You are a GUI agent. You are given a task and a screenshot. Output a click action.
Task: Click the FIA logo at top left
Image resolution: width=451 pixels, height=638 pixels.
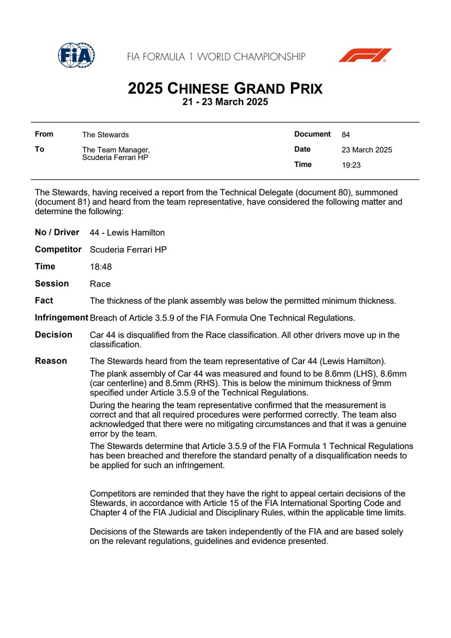click(76, 55)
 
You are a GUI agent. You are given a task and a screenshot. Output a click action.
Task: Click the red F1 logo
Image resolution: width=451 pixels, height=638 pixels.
click(365, 55)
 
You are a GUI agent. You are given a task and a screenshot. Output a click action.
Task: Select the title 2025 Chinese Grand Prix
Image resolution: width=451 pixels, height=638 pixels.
click(225, 88)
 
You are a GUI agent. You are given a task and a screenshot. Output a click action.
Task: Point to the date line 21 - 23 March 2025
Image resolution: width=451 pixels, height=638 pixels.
click(225, 102)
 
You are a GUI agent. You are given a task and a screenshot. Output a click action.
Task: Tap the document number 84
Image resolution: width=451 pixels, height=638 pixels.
click(346, 135)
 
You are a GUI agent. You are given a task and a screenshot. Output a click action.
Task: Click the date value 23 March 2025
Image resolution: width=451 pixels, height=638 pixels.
click(366, 150)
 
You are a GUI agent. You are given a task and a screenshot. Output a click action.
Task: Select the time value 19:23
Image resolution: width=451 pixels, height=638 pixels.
click(351, 165)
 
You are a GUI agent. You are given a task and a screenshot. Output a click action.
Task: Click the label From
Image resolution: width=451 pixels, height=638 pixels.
click(44, 135)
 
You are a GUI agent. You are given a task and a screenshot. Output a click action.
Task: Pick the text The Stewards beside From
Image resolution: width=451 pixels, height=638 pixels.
click(105, 135)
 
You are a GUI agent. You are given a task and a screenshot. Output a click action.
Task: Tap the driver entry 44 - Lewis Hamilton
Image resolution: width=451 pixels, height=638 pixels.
click(127, 232)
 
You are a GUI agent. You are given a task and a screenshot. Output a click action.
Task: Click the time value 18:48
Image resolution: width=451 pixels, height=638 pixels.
click(101, 267)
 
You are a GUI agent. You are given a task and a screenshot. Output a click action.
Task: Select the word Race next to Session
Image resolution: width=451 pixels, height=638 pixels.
click(100, 284)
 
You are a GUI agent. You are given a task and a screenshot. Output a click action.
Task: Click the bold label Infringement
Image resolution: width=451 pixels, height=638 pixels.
click(61, 317)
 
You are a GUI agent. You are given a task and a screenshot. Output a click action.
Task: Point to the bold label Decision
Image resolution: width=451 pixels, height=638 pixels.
click(53, 334)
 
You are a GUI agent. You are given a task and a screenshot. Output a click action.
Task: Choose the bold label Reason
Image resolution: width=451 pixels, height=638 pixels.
click(51, 361)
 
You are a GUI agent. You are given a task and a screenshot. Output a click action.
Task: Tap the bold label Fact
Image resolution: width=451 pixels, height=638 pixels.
click(44, 300)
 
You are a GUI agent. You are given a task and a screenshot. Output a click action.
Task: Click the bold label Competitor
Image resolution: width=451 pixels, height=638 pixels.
click(58, 249)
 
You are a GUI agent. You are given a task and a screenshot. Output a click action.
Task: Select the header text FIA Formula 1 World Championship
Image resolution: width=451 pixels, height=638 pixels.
click(216, 56)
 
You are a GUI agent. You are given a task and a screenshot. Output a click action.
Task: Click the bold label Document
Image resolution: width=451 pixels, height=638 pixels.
click(312, 135)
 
